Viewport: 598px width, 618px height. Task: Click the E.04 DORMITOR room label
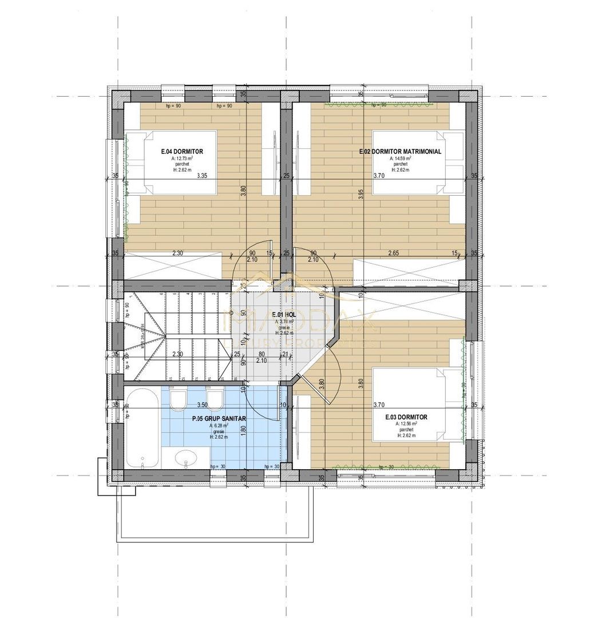tap(182, 152)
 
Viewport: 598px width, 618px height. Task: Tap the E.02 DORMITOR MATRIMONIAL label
tap(400, 152)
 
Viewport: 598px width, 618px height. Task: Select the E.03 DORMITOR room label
tap(406, 417)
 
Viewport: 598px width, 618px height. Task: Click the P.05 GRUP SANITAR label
tap(219, 419)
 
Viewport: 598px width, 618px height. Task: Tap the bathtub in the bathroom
tap(142, 428)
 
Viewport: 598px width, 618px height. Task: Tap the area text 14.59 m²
tap(400, 158)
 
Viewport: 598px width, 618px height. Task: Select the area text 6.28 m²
tap(219, 425)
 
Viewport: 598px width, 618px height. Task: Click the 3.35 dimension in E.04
tap(201, 176)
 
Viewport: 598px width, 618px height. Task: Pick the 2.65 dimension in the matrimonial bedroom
tap(393, 253)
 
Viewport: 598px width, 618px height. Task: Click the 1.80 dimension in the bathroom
tap(243, 429)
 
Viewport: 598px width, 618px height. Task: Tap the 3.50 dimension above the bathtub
tap(202, 405)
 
